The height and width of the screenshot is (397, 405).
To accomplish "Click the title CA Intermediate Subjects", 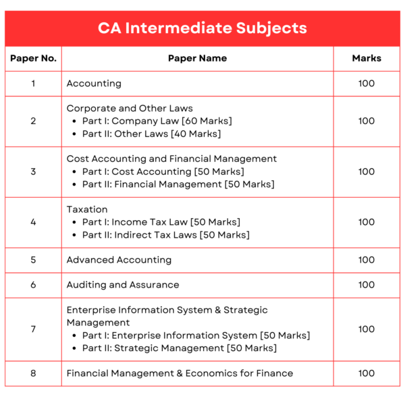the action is (x=202, y=28).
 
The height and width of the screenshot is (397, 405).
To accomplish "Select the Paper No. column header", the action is (x=33, y=58).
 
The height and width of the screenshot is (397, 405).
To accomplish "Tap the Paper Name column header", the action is (x=197, y=58).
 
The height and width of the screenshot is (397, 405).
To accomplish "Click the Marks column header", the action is (x=367, y=58).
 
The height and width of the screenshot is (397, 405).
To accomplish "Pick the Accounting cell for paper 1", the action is (x=94, y=84).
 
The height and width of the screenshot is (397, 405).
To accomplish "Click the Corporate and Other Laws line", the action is (x=130, y=108).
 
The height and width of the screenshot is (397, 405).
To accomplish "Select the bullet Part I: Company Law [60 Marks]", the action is (x=157, y=121).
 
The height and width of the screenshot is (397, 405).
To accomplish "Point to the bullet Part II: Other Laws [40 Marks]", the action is (x=151, y=134).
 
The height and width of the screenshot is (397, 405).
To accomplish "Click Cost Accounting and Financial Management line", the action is (x=171, y=159).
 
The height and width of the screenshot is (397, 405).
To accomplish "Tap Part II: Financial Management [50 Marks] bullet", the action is (x=178, y=184).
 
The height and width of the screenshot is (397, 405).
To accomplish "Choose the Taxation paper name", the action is (x=87, y=209).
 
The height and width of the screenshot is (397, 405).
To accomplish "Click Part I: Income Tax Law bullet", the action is (x=161, y=222).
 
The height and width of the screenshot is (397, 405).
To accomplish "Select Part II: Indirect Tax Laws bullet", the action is (x=165, y=235).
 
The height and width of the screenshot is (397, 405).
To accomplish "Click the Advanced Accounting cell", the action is (x=119, y=260).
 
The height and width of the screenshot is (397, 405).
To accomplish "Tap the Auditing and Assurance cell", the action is (x=123, y=285).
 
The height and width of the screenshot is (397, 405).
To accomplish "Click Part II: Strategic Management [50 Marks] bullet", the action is (x=180, y=348).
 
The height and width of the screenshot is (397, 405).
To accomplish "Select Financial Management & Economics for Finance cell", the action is (x=180, y=373).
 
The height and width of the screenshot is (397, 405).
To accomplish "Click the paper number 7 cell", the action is (x=33, y=329).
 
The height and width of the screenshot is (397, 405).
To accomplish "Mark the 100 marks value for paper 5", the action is (x=367, y=260).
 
